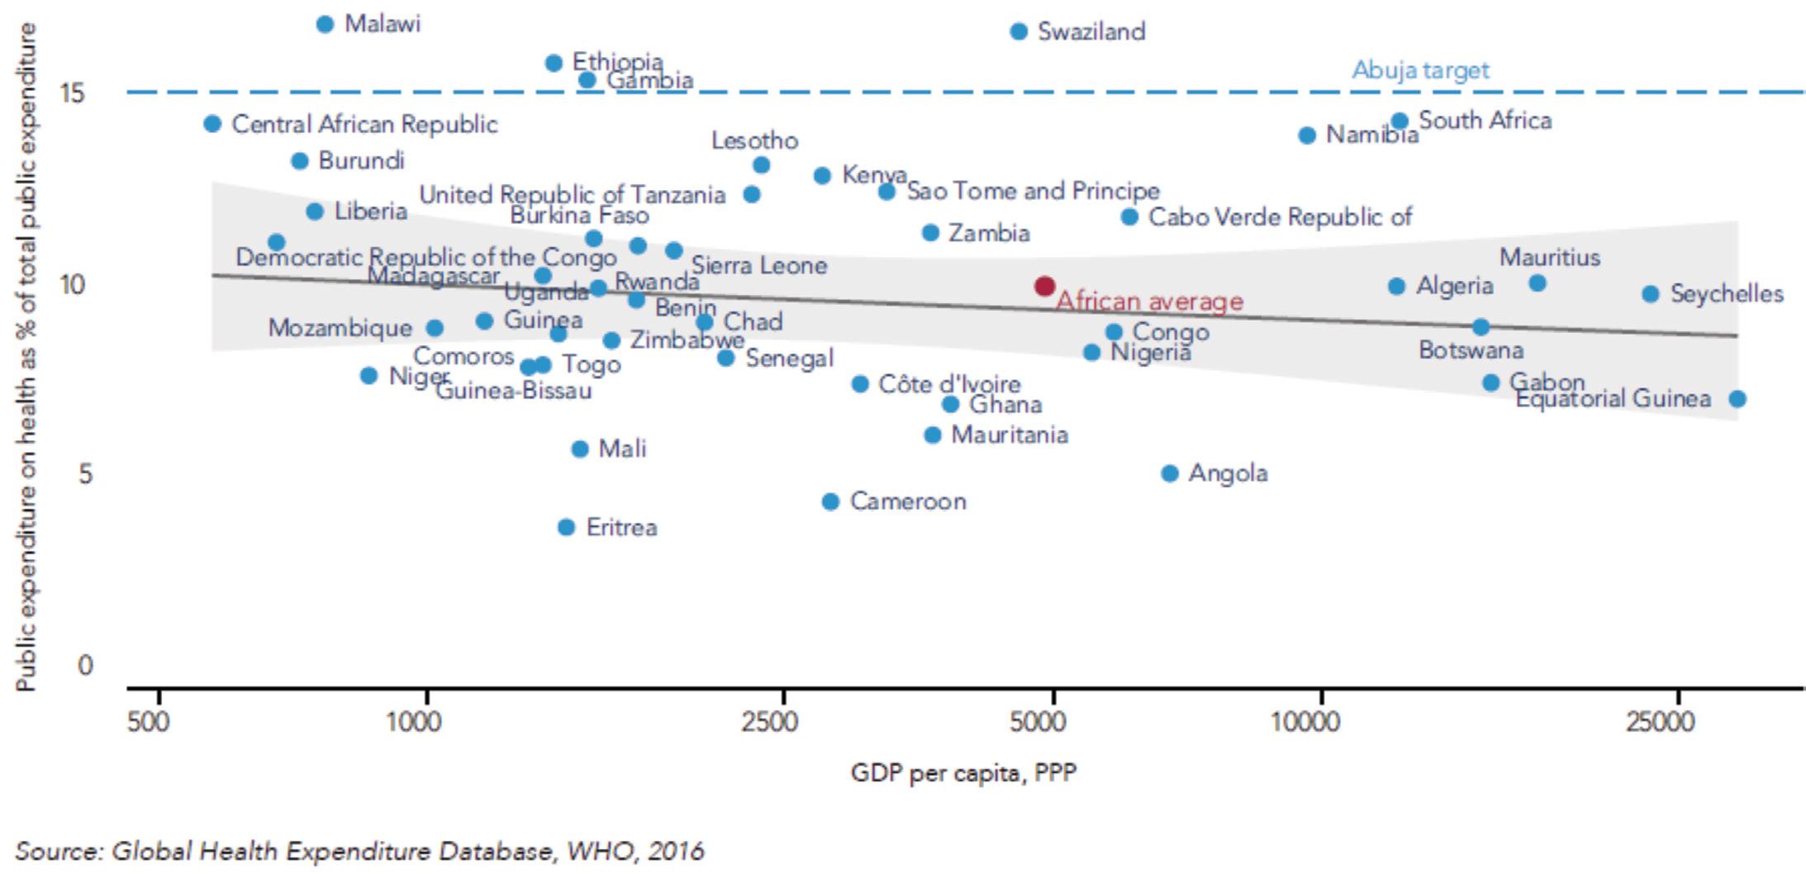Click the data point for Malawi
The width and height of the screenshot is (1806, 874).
[x=326, y=24]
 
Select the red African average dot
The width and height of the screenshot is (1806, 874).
[x=1044, y=286]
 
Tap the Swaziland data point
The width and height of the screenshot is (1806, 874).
[x=1019, y=31]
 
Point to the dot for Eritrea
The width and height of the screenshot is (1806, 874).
[x=566, y=527]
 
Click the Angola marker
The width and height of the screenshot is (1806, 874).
[x=1169, y=473]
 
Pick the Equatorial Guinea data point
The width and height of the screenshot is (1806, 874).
[x=1737, y=399]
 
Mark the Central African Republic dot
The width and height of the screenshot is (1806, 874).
[x=212, y=124]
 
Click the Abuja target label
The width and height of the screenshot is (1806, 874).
[x=1420, y=70]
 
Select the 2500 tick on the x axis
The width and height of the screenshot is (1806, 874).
[x=769, y=722]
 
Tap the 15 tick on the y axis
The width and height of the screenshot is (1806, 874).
[x=73, y=93]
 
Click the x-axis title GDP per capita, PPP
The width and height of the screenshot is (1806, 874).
[x=963, y=773]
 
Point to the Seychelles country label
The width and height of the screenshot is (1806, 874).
[x=1727, y=294]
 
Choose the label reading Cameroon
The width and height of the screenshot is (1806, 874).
[x=908, y=501]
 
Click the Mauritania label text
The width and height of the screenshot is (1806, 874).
[x=1010, y=435]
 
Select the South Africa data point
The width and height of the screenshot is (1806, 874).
[x=1400, y=121]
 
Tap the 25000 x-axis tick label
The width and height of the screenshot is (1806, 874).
[x=1660, y=722]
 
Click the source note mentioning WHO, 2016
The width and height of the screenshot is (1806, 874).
[x=359, y=851]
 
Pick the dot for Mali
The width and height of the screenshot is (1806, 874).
[x=580, y=449]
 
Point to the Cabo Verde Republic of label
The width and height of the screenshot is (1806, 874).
[x=1281, y=217]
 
